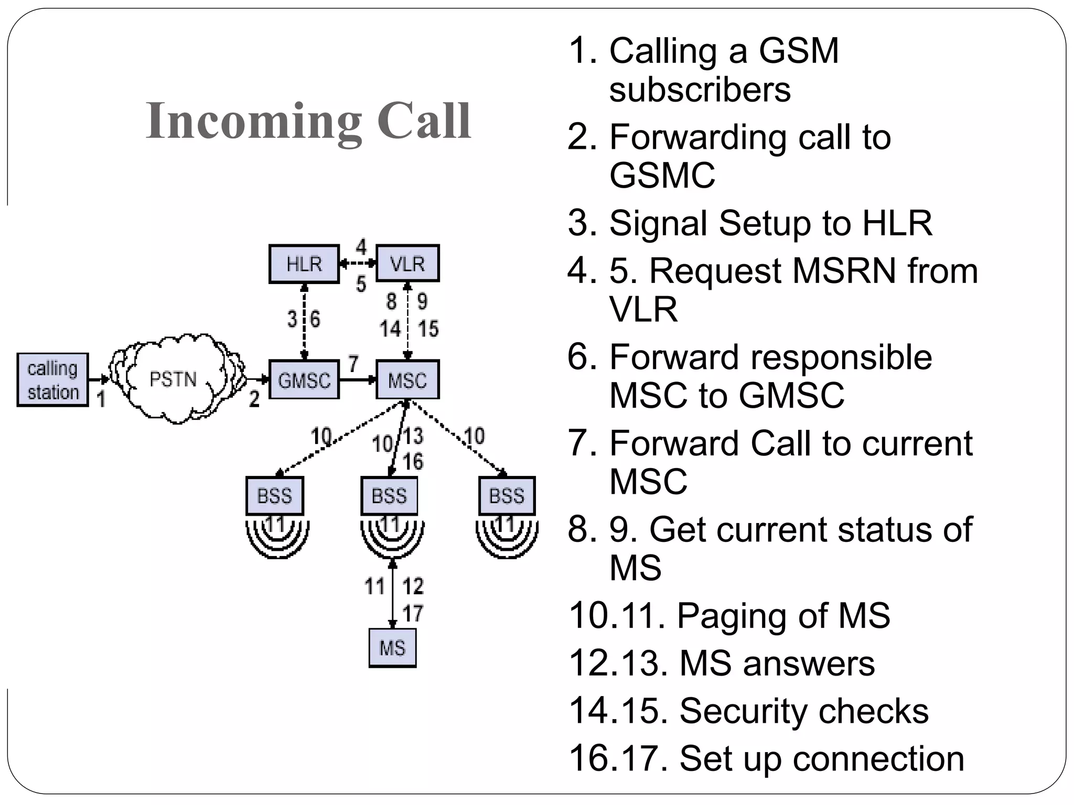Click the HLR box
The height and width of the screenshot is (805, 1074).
(304, 264)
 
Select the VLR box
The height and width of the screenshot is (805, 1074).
(407, 264)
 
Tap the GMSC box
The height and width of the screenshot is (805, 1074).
(304, 380)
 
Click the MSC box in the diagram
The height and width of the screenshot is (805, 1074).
(407, 380)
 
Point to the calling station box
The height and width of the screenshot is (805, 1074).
(52, 380)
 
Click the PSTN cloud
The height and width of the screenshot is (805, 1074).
(174, 379)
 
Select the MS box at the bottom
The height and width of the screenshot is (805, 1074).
(392, 648)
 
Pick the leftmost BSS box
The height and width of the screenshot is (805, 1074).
(274, 496)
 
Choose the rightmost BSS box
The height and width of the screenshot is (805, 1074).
(507, 496)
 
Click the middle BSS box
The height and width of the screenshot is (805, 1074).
(389, 496)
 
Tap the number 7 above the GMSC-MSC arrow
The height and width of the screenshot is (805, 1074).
(353, 363)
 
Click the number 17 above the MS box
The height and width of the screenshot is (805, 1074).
(413, 613)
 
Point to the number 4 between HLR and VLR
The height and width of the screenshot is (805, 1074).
(361, 247)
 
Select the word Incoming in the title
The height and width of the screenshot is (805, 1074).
(254, 122)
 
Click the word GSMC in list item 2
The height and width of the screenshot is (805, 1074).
(662, 175)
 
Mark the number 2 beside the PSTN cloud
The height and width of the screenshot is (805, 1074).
(254, 399)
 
